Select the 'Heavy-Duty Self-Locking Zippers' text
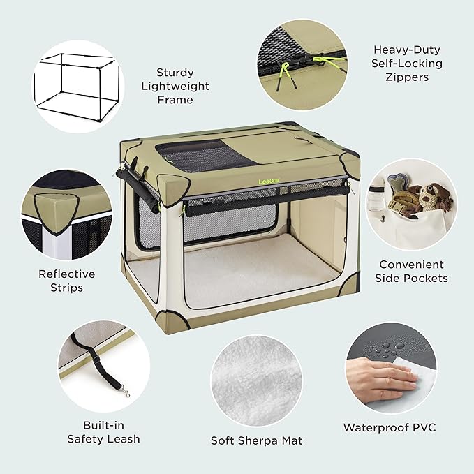401,64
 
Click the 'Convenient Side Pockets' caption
411,272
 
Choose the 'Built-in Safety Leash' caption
103,432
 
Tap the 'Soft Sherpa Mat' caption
257,440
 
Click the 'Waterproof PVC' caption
389,427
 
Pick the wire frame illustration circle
78,86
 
